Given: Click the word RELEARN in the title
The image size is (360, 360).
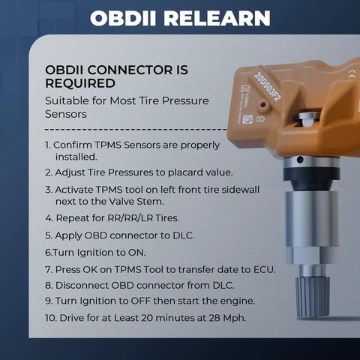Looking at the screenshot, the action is coord(217,18).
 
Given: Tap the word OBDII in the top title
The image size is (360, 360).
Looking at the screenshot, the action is coord(123,18).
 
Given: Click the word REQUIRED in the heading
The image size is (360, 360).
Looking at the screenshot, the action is coord(80,83).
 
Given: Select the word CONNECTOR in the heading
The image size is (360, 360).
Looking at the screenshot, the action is coord(130,70).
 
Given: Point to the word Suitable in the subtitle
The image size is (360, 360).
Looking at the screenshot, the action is coord(67,100).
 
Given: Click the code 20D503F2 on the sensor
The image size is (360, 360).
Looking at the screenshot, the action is coord(267,86).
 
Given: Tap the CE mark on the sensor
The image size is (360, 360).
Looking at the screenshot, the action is coord(351,74).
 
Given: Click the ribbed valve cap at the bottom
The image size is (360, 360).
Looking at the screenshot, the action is coord(312,297).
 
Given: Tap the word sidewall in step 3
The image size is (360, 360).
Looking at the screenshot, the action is coord(241,190).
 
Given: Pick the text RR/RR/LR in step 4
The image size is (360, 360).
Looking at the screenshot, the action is coord(130,218).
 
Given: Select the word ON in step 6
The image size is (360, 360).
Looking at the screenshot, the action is coord(136,253).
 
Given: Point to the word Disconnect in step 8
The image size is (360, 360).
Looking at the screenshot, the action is coord(82,285).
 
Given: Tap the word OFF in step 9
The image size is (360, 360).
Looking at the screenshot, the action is coord(141,301).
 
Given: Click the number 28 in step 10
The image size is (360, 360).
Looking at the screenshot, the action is coord(213,318).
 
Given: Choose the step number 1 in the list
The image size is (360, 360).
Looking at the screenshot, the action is coord(47,145).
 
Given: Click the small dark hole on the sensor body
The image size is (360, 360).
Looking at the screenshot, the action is coord(262,104).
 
